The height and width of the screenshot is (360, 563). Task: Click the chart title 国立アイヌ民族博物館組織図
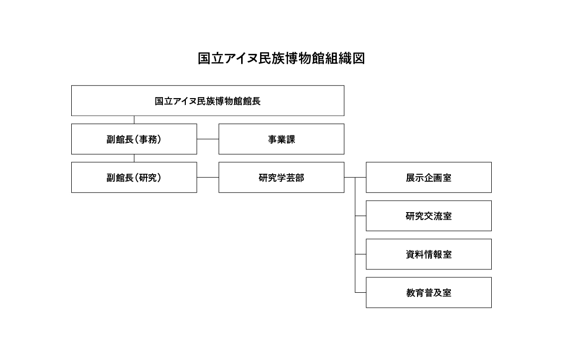click(x=281, y=58)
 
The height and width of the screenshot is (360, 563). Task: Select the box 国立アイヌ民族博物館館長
click(x=207, y=101)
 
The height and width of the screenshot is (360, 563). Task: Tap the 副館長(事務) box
click(x=134, y=139)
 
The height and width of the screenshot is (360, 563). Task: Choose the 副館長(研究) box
click(x=134, y=177)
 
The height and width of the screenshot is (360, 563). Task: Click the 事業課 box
click(x=281, y=139)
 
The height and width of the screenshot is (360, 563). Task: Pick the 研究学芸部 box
click(x=281, y=177)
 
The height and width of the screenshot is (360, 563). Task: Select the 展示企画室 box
click(x=428, y=177)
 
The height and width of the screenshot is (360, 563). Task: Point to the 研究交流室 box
click(x=428, y=216)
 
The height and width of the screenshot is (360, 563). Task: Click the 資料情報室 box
click(x=428, y=254)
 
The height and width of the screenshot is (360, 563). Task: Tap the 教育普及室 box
click(x=428, y=292)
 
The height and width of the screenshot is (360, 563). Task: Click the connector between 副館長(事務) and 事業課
click(x=208, y=139)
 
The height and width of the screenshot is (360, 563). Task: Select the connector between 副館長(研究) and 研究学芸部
click(x=208, y=177)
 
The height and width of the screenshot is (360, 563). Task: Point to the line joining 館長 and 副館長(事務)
click(x=134, y=120)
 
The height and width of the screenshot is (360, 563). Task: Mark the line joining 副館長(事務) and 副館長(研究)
click(x=134, y=158)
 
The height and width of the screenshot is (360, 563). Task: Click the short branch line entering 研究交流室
click(x=361, y=216)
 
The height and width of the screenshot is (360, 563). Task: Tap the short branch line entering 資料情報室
click(x=361, y=254)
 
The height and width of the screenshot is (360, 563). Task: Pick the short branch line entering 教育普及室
click(x=361, y=292)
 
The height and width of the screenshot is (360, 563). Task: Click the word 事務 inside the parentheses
click(x=147, y=139)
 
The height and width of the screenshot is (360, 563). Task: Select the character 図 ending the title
click(x=359, y=58)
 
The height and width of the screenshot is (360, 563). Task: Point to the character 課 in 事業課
click(x=290, y=139)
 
